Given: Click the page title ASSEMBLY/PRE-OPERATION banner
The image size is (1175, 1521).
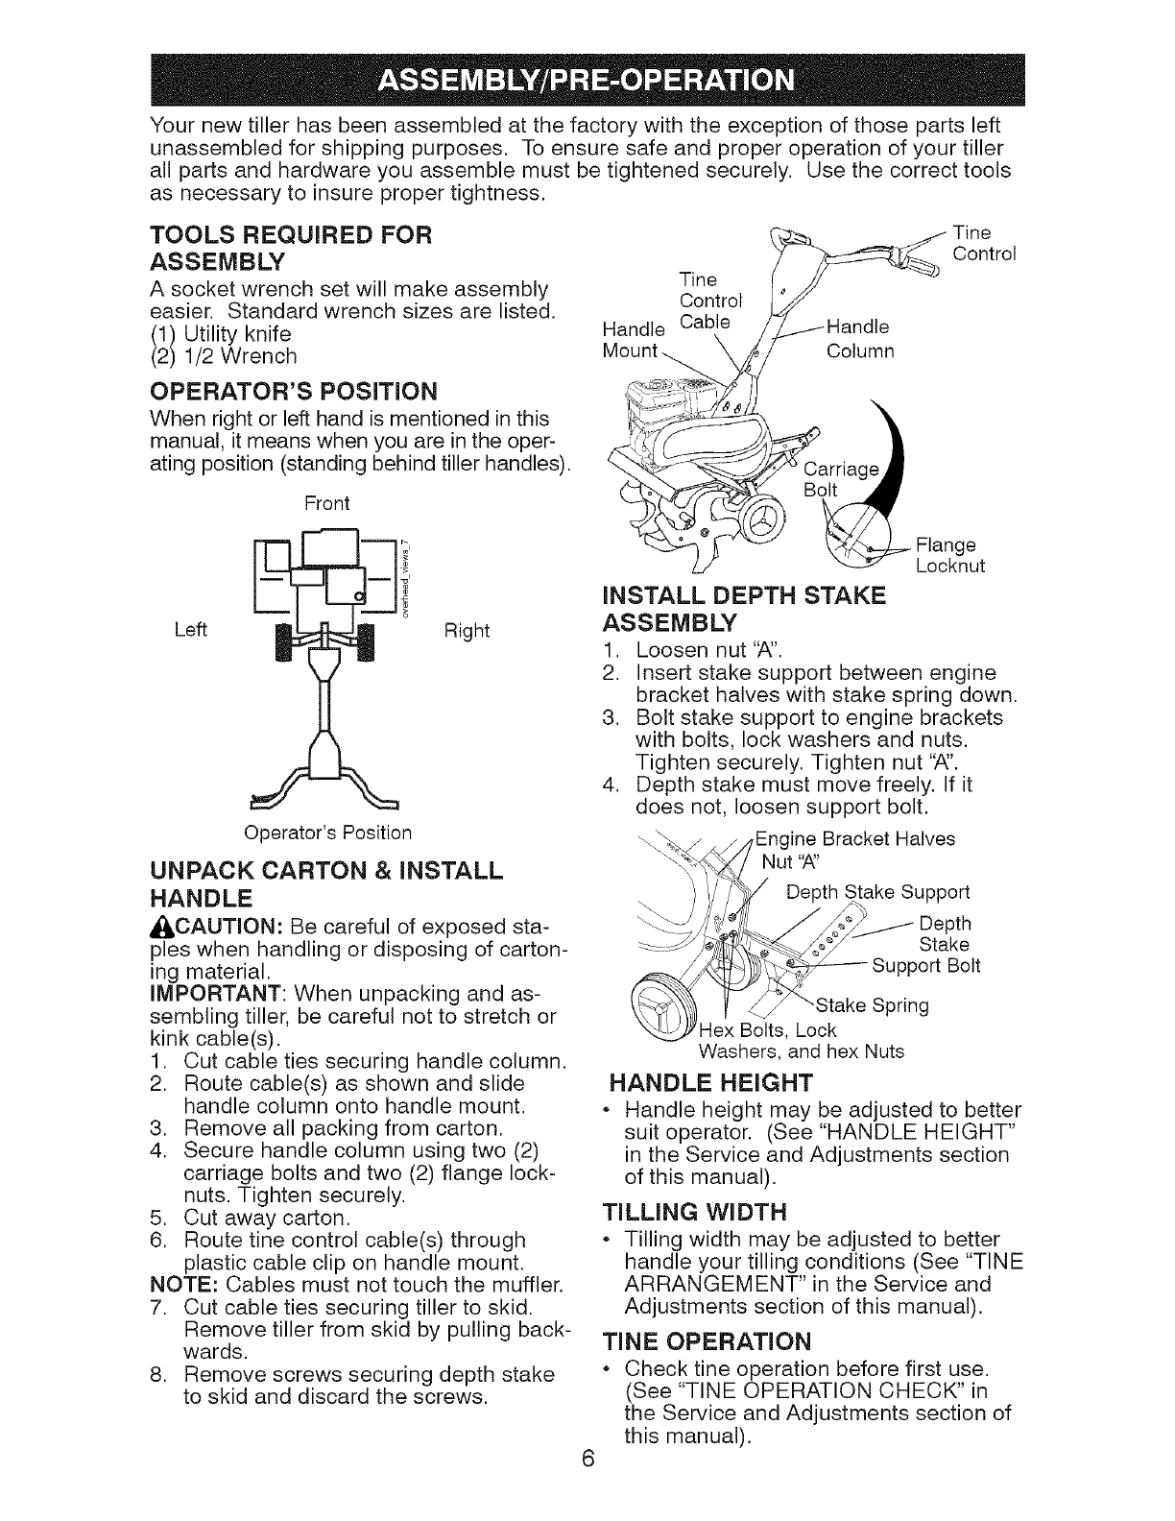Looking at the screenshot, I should [587, 79].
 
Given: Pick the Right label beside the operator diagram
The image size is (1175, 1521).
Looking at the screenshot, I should [467, 631].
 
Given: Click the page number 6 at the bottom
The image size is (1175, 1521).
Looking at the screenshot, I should [588, 1485].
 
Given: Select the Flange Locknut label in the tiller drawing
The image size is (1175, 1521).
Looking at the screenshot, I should [950, 556].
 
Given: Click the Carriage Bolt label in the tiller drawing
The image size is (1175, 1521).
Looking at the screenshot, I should [840, 479].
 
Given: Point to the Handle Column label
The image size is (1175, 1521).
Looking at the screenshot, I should [860, 338].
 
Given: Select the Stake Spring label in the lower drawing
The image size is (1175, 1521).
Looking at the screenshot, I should [872, 1005].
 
